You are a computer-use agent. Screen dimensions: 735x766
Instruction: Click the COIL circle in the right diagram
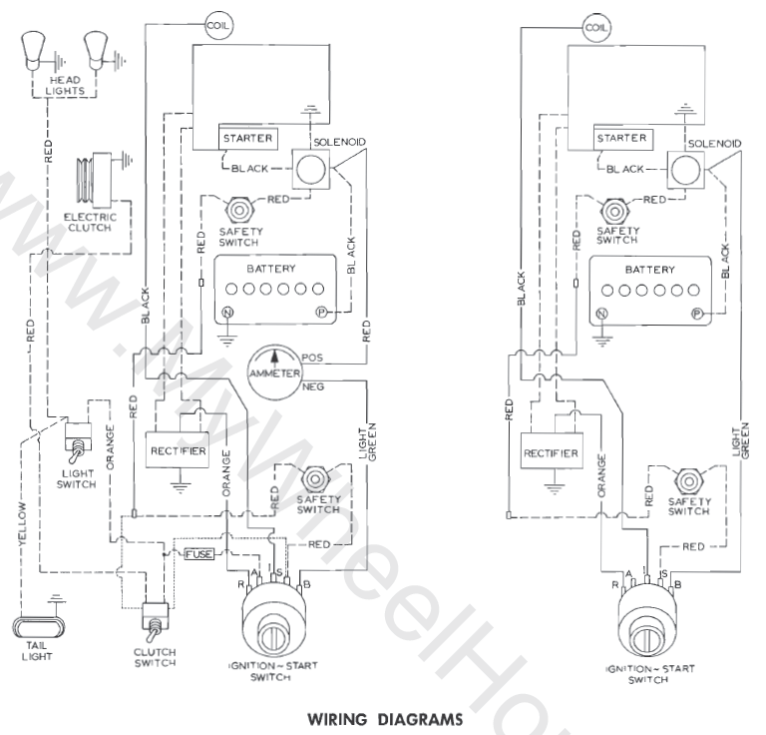click(595, 27)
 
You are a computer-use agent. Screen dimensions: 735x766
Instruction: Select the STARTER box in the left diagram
click(248, 137)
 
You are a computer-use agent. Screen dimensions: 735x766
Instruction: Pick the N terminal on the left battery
click(226, 313)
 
